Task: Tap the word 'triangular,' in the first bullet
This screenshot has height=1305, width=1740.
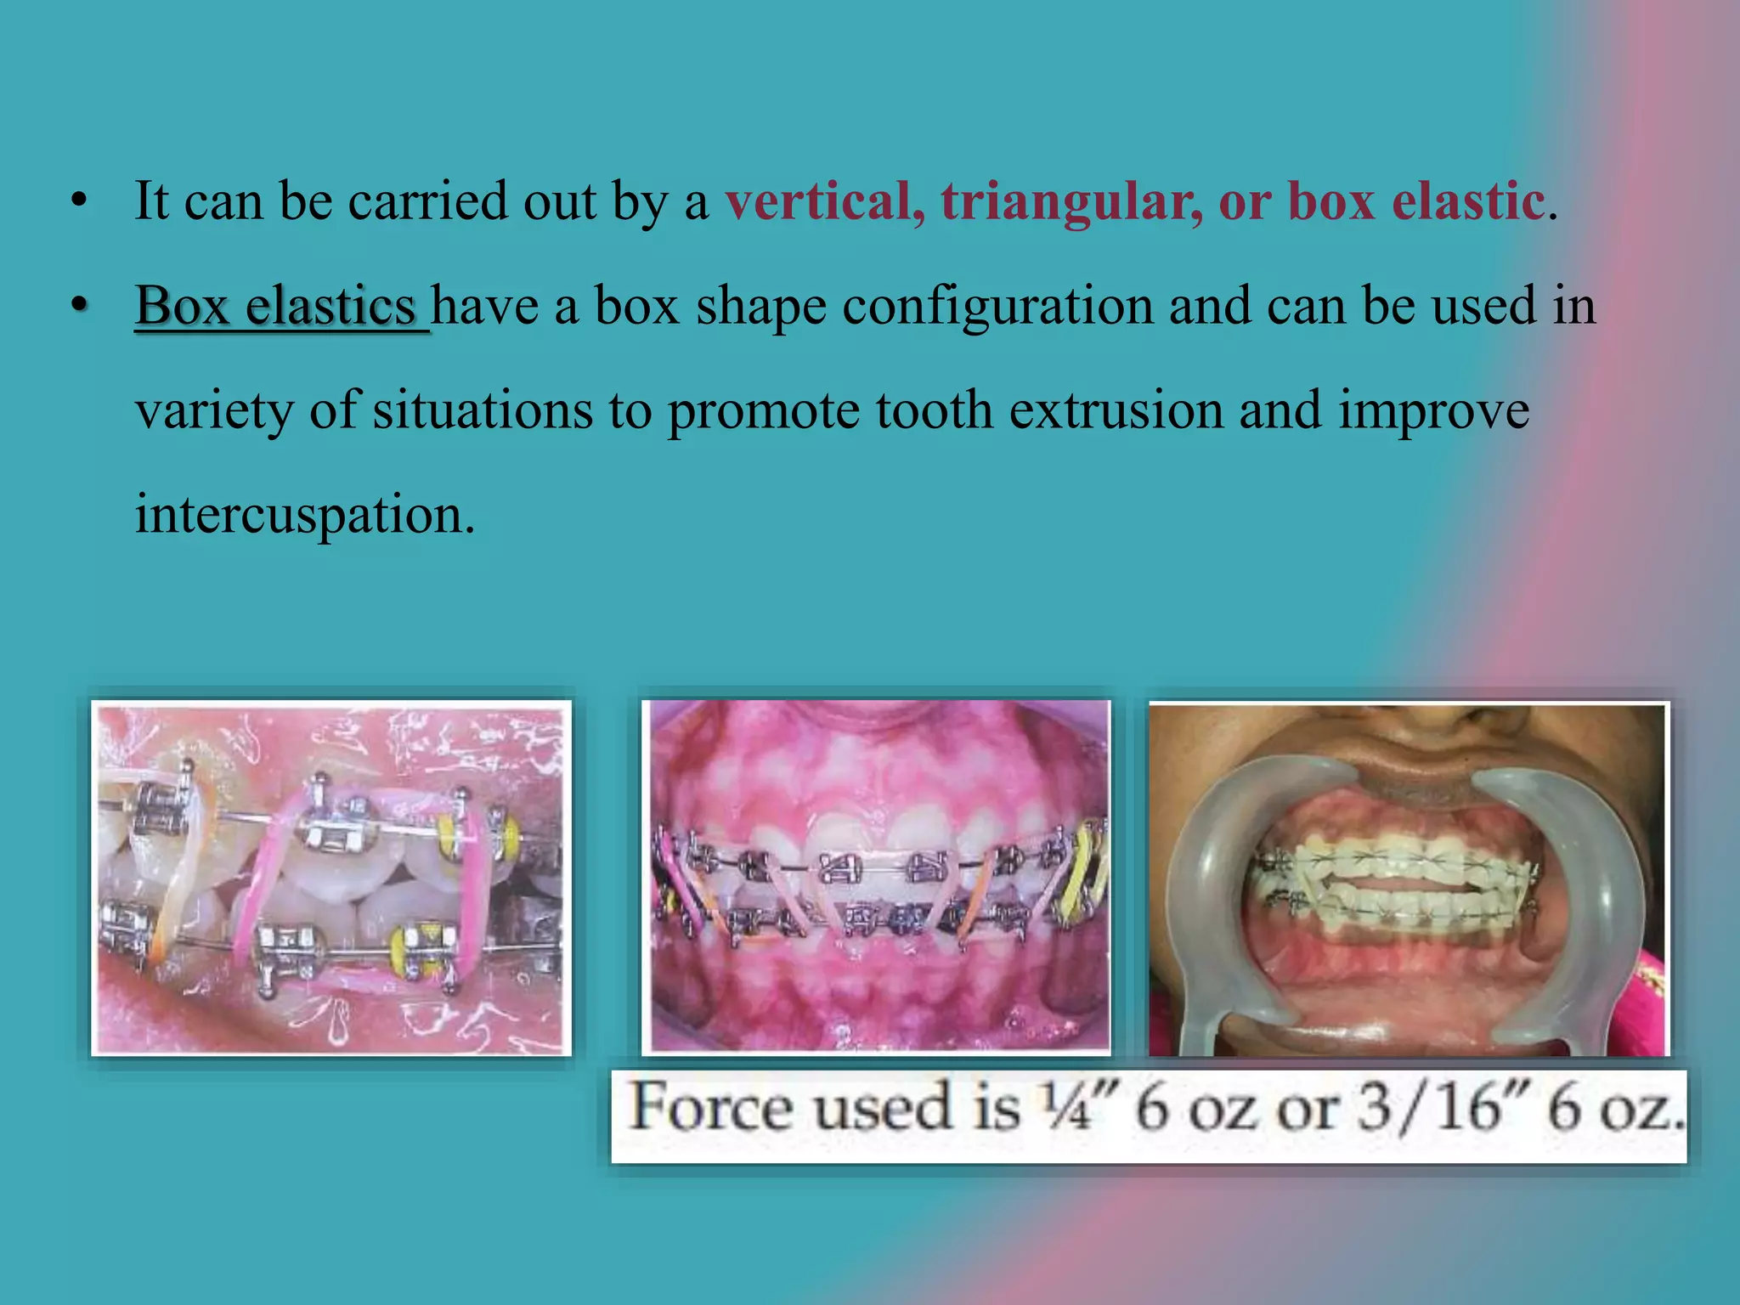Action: coord(1071,202)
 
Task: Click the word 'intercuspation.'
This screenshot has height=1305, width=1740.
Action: coord(305,515)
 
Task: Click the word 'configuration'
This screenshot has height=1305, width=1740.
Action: coord(997,306)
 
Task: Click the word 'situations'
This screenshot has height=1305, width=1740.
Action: coord(482,410)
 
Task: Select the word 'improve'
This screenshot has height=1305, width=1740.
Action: coord(1434,410)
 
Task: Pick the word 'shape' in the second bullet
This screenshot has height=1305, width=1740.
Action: coord(760,306)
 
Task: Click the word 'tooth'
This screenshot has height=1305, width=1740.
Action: coord(934,410)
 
